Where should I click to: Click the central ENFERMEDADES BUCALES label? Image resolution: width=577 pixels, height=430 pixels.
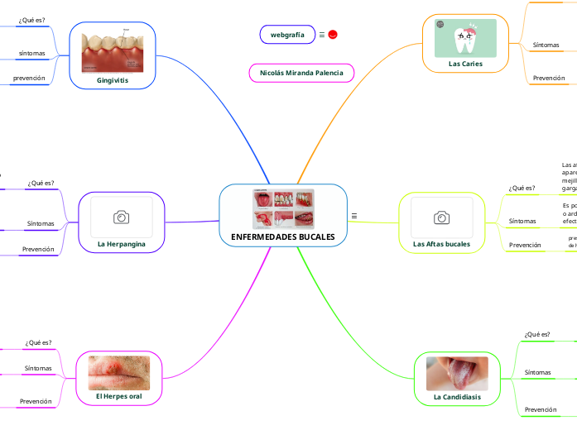(x=282, y=237)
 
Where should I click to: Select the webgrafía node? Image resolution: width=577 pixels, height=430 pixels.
(x=287, y=35)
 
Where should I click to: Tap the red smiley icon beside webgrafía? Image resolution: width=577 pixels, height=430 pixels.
(x=333, y=35)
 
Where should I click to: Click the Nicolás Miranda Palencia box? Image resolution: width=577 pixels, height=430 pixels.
(x=301, y=73)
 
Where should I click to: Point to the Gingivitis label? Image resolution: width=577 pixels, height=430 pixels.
(x=113, y=80)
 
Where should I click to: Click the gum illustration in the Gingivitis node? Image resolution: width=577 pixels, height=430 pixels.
(x=113, y=50)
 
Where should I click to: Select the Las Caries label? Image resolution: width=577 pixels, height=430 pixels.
(x=465, y=63)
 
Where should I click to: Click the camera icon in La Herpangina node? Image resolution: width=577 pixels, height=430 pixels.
(x=121, y=217)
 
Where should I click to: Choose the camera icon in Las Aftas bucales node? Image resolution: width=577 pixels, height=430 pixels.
(x=441, y=217)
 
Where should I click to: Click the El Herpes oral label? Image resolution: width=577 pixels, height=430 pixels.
(x=119, y=397)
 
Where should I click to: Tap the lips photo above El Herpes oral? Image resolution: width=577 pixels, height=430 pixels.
(x=119, y=372)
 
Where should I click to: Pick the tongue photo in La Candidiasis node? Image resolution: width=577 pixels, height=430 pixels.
(x=457, y=373)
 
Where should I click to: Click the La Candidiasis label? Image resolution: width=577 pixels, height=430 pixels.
(x=457, y=397)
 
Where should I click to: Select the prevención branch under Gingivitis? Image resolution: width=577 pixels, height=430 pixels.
(x=29, y=79)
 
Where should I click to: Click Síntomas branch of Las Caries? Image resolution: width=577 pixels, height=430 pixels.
(x=546, y=45)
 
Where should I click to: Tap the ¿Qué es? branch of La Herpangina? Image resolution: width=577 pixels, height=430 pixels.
(x=40, y=184)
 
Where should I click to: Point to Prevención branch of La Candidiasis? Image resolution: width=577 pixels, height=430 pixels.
(x=541, y=409)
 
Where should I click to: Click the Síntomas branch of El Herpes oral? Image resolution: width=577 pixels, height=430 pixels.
(x=38, y=368)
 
